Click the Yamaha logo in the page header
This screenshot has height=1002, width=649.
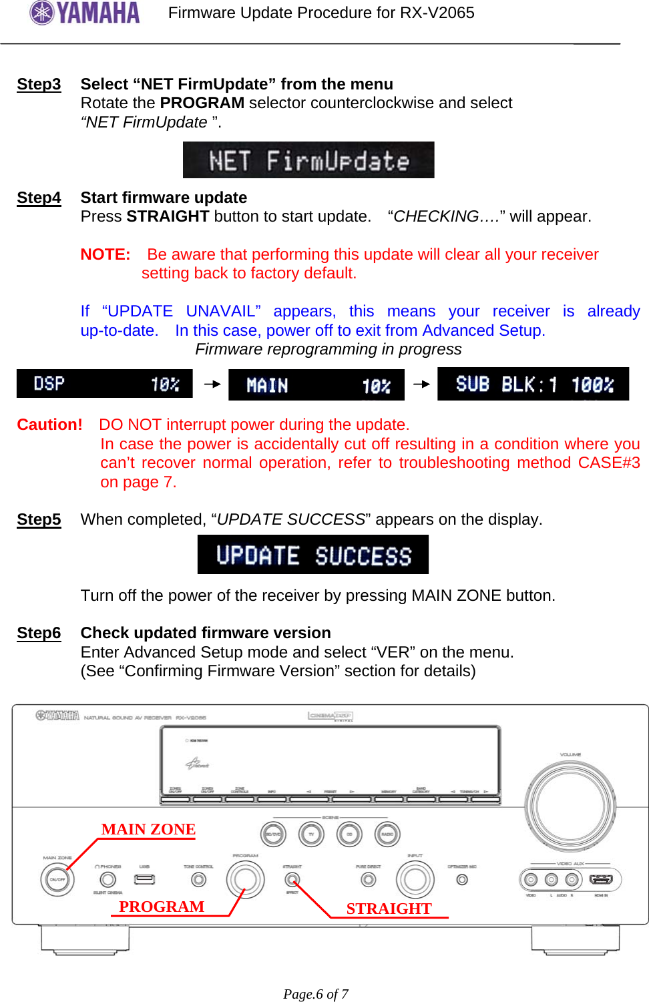tap(85, 13)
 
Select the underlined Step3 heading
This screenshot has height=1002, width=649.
tap(39, 84)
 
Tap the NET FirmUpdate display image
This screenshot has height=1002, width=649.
tap(308, 160)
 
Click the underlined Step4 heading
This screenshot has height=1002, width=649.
tap(39, 198)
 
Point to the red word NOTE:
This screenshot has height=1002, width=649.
tap(105, 254)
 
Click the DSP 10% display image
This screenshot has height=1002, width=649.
tap(104, 384)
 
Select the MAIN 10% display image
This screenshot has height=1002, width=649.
tap(316, 385)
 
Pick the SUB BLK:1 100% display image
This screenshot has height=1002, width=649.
tap(533, 384)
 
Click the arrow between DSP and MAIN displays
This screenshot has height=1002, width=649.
tap(212, 384)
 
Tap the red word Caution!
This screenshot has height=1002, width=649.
tap(49, 425)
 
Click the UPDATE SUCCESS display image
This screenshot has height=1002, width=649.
tap(312, 555)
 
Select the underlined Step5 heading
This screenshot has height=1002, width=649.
tap(39, 519)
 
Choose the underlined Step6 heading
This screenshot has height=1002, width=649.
tap(39, 633)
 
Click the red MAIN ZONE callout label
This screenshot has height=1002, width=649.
tap(148, 829)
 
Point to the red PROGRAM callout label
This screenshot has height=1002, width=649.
tap(162, 907)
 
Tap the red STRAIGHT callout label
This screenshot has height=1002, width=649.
tap(389, 909)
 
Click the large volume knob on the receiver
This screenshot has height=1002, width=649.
tap(570, 805)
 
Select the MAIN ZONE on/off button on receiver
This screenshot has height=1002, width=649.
tap(57, 880)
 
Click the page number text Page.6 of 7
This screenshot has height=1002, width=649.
tap(316, 994)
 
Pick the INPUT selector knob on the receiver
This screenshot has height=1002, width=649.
tap(415, 880)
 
